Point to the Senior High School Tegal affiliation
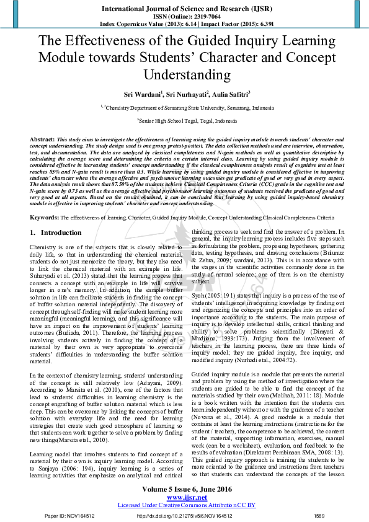(184, 122)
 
